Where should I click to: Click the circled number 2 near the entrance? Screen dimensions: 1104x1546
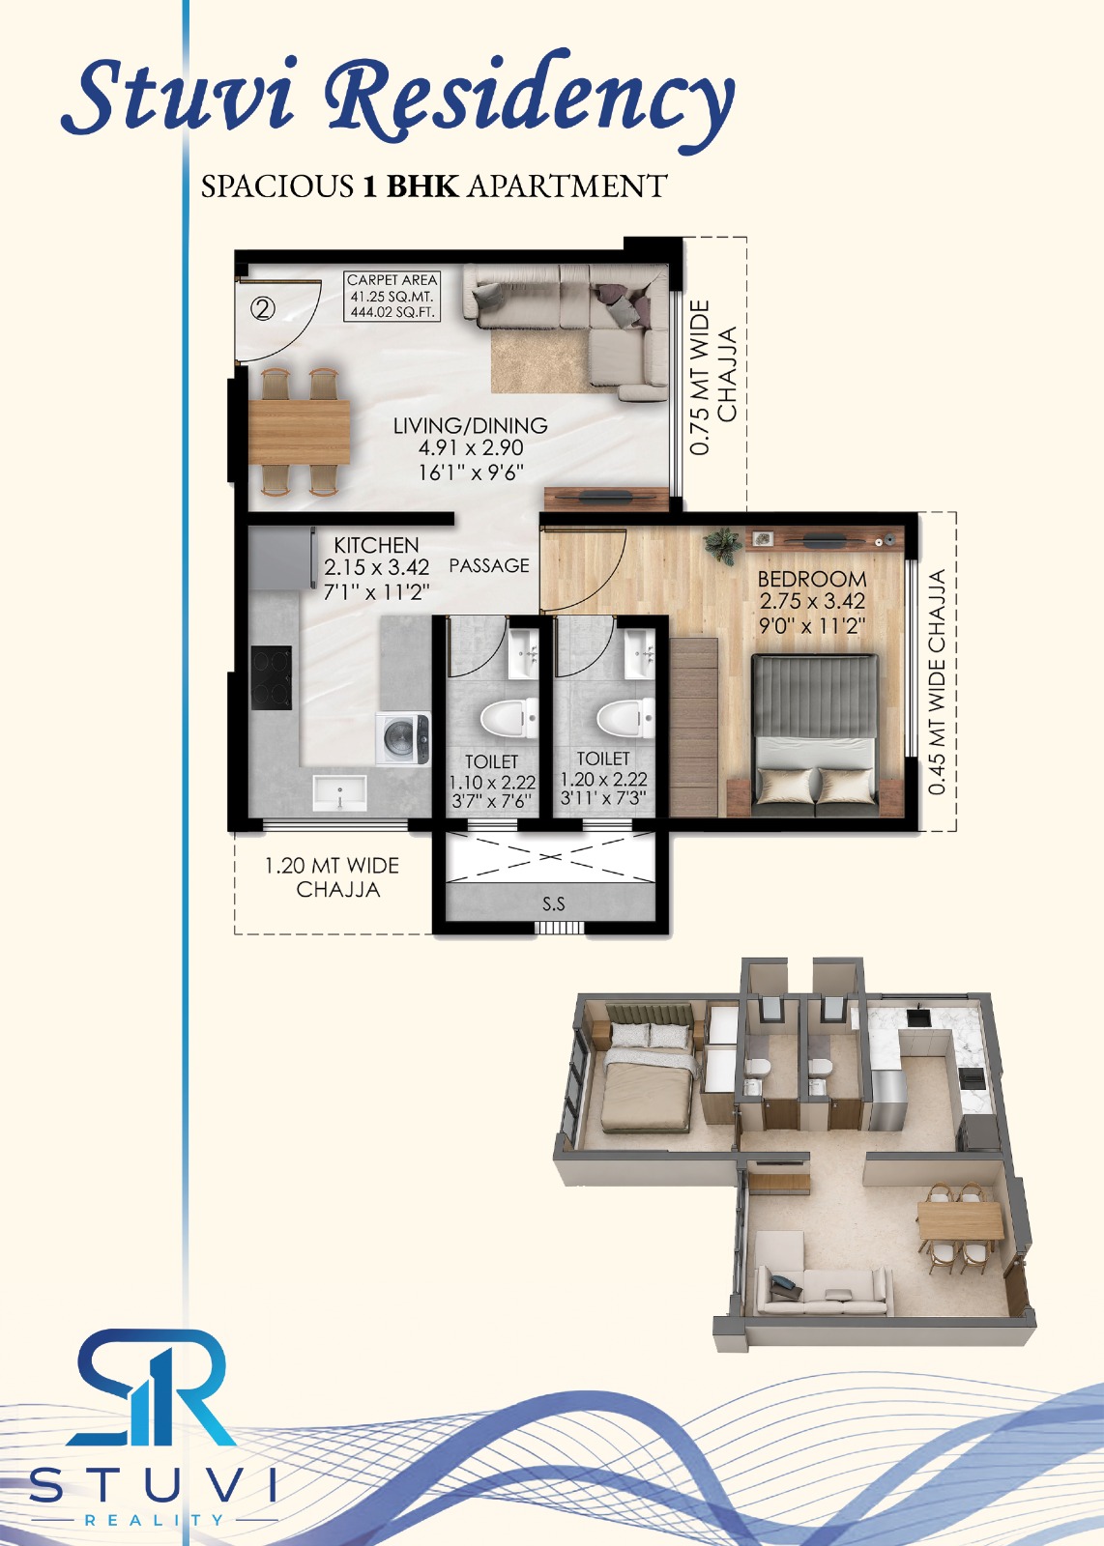262,308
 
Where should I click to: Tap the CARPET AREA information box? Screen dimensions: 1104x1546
392,296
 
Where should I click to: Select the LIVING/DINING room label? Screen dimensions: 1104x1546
470,425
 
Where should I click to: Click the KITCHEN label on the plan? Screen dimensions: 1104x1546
376,545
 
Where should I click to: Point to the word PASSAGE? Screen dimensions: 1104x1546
489,565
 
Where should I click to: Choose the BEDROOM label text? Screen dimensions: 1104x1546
812,579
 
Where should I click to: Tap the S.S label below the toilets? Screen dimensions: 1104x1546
554,903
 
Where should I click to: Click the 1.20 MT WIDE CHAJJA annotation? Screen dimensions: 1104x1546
333,877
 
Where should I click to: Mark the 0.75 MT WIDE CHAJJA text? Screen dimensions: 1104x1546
713,377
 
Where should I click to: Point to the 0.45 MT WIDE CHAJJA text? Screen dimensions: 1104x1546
937,682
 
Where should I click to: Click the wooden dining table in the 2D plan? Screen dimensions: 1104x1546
300,432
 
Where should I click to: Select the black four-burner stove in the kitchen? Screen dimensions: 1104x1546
271,677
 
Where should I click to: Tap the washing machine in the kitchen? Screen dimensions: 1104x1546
402,738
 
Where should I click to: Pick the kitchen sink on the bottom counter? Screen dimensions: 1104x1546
339,792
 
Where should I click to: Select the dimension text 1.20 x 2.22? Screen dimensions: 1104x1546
603,780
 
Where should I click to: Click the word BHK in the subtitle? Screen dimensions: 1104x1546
421,186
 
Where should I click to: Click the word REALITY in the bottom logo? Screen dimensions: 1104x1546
154,1519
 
